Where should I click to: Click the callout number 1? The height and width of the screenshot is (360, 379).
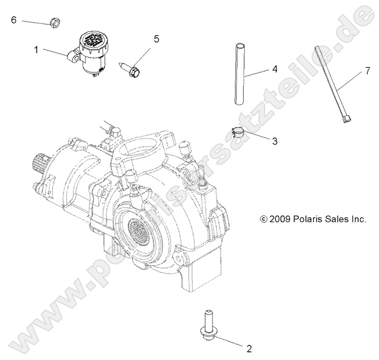point(36,50)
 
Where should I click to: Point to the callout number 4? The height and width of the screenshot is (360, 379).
point(274,68)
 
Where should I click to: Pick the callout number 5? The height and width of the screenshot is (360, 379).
point(156,38)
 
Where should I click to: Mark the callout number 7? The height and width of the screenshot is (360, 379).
point(367,71)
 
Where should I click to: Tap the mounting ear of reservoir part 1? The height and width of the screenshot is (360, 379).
point(73,60)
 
